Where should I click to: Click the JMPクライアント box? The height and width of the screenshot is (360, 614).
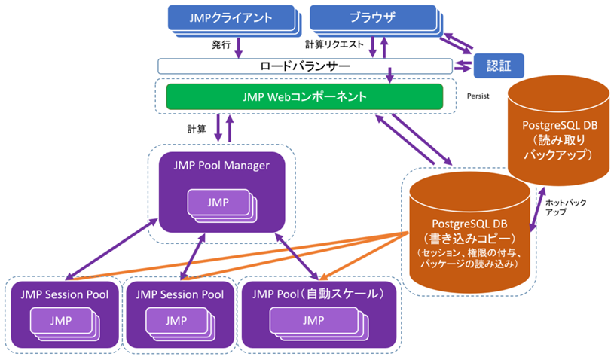pos(229,17)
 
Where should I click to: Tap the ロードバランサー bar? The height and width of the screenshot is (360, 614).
pos(304,66)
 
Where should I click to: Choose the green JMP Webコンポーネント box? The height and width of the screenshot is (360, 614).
pos(304,96)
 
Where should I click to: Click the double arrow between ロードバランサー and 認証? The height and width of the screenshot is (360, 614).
pos(462,66)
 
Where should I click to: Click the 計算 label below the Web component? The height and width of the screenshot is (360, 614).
pos(197,129)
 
